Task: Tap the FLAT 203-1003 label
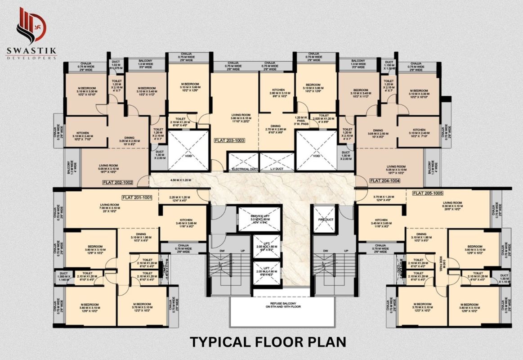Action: (x=229, y=140)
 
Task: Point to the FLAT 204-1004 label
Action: (x=385, y=180)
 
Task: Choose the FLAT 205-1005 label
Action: (x=428, y=193)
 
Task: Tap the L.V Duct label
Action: (x=277, y=169)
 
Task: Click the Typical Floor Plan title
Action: (x=268, y=342)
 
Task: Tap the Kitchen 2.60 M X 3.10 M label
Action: (x=278, y=93)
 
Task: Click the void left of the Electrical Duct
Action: (x=188, y=151)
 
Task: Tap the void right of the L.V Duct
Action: (x=316, y=151)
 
